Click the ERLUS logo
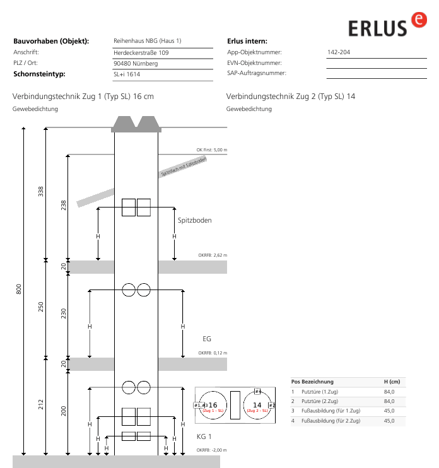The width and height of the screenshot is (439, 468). click(387, 25)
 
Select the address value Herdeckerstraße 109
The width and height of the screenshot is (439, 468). click(141, 53)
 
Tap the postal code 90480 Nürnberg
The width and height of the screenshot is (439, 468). click(136, 64)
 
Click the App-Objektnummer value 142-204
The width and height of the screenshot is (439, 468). click(339, 52)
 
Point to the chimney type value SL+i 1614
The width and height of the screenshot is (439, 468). click(127, 74)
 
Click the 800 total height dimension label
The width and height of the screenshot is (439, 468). click(18, 290)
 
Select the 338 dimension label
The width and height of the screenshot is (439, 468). click(40, 191)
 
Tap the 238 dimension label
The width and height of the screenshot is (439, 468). click(63, 206)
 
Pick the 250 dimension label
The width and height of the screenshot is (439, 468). click(40, 307)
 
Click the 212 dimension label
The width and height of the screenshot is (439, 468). click(40, 404)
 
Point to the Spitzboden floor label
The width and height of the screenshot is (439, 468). click(194, 220)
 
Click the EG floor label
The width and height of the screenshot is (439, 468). click(207, 339)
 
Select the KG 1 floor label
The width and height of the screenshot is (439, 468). click(204, 436)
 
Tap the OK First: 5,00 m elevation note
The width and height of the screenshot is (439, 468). click(211, 150)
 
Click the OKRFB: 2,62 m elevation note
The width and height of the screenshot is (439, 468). click(213, 255)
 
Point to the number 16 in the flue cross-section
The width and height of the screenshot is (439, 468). click(213, 405)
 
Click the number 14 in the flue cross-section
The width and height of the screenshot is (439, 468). click(257, 405)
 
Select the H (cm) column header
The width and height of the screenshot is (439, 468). click(392, 382)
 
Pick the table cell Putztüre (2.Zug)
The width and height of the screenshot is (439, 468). click(320, 401)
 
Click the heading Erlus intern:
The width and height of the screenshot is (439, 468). click(247, 41)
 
